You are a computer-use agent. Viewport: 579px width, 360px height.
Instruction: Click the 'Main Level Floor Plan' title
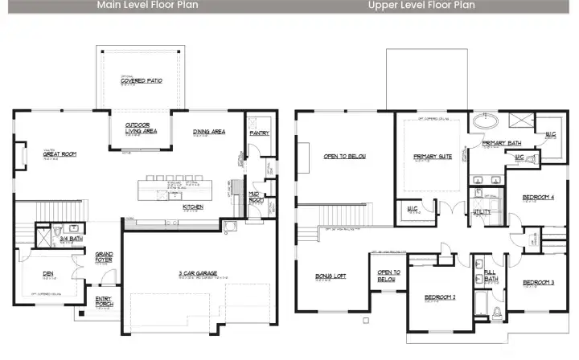coord(148,5)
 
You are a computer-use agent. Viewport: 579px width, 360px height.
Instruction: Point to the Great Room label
coord(60,153)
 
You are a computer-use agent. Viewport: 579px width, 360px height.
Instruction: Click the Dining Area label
coord(208,132)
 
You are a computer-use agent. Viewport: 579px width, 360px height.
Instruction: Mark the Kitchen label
coord(192,207)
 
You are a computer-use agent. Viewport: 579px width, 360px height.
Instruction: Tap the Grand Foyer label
coord(105,257)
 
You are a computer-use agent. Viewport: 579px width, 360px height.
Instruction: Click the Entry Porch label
coord(105,302)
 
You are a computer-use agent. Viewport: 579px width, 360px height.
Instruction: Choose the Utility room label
coord(482,211)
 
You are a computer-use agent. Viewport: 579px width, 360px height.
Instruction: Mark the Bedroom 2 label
coord(441,297)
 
